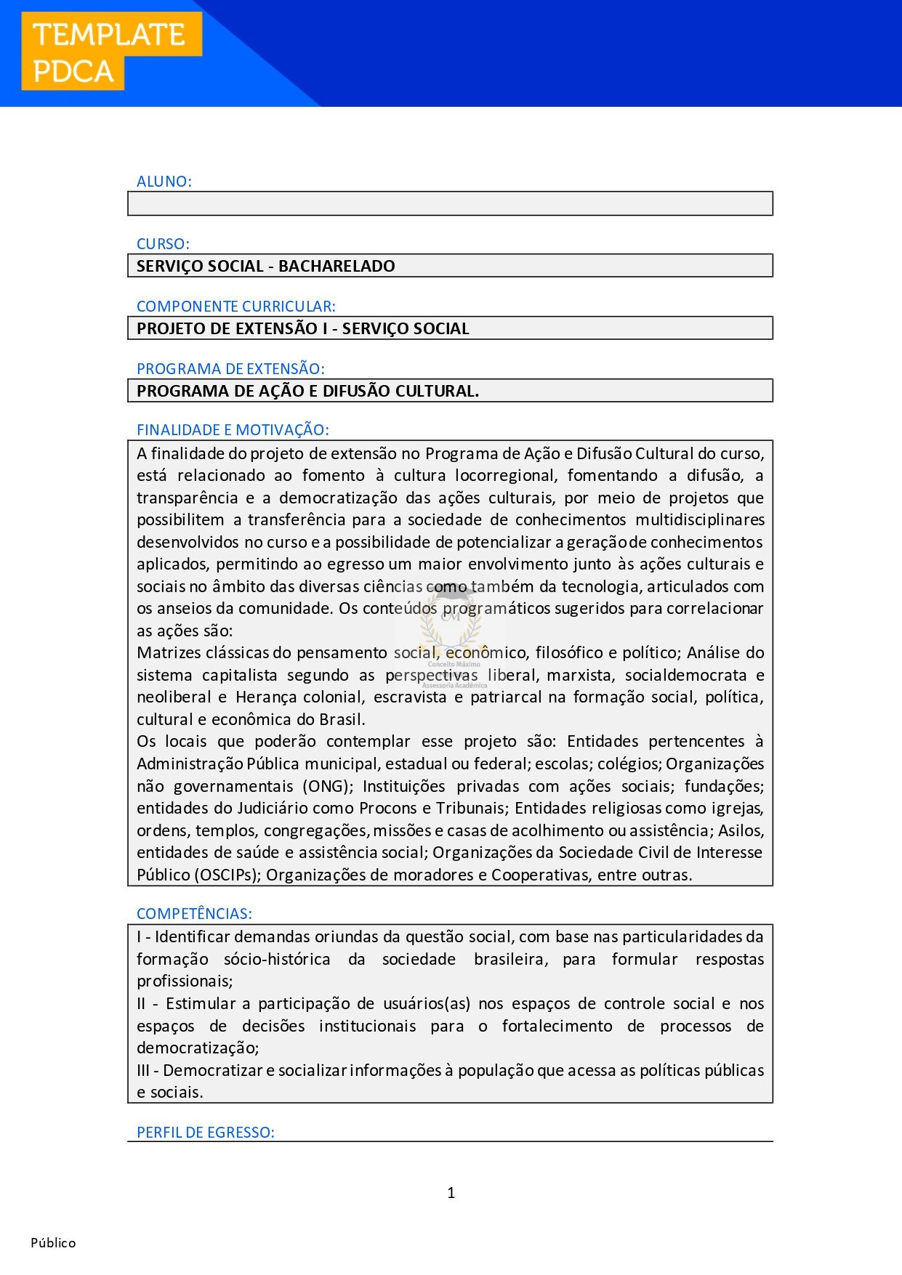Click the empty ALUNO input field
[450, 203]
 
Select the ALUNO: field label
[164, 182]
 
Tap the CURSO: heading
[163, 244]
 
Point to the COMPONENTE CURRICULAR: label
[236, 307]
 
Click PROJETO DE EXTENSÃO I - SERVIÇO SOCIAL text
[303, 328]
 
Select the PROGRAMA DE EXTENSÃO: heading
[230, 369]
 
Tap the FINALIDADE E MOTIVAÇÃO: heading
[233, 430]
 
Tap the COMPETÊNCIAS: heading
[194, 914]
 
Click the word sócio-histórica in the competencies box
[277, 959]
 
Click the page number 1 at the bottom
[451, 1193]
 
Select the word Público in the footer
[53, 1243]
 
